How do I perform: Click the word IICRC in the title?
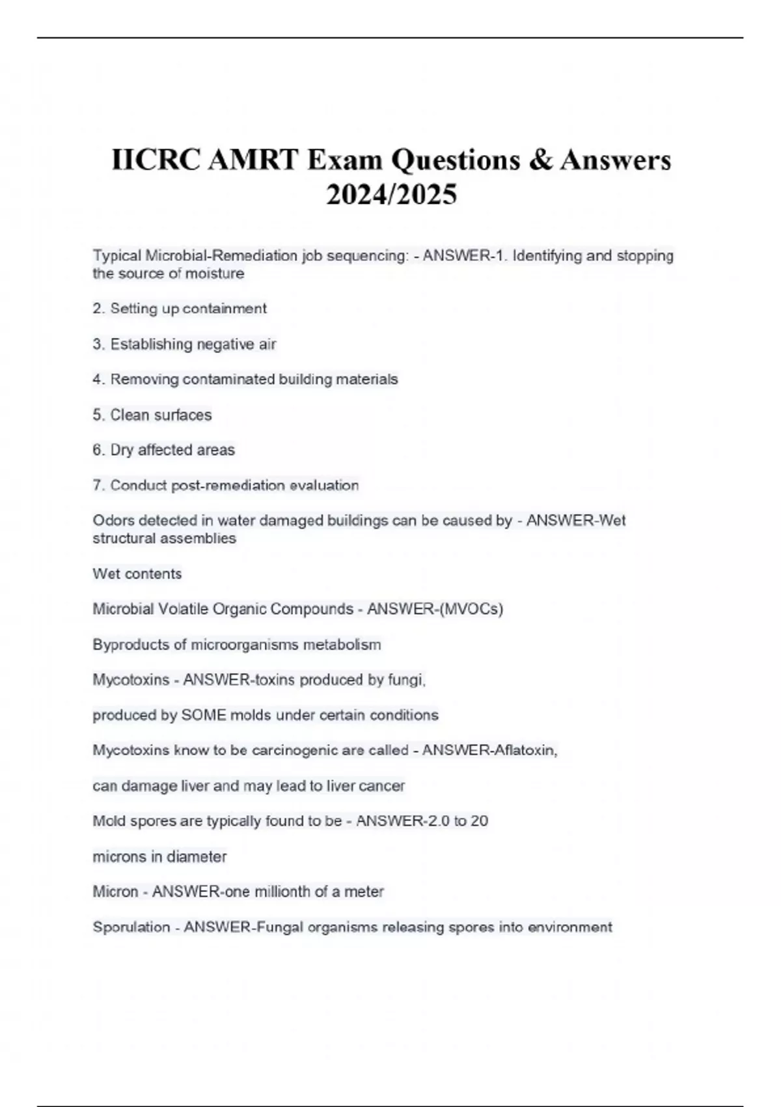156,160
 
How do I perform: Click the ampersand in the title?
540,160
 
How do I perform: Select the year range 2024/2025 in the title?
391,195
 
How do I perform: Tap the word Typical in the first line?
117,256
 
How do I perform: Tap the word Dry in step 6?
122,450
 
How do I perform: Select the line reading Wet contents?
137,574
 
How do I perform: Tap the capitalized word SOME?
204,716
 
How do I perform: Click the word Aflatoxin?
525,751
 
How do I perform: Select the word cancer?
383,786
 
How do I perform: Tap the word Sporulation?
131,927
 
